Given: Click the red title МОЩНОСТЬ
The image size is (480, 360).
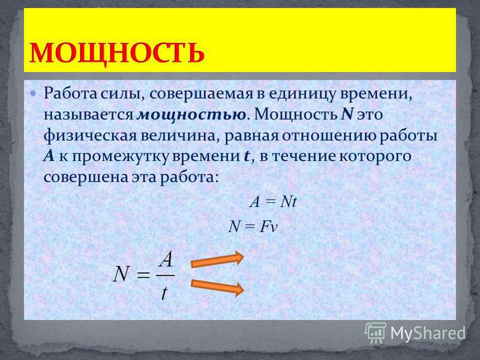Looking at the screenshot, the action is (116, 53).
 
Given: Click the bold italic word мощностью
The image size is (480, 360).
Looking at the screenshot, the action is (191, 115).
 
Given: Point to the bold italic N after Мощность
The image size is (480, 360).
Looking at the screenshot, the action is (347, 114).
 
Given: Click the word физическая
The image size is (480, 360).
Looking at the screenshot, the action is (89, 136).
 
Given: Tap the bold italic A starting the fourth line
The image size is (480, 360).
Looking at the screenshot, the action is (49, 156).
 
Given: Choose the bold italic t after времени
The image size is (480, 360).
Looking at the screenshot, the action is (247, 157).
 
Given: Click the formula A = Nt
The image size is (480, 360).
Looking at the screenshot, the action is (274, 202).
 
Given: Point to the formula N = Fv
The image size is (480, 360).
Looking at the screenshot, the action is (253, 227).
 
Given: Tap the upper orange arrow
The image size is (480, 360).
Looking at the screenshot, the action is (217, 260).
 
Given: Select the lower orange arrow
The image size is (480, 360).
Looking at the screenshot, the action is (217, 287).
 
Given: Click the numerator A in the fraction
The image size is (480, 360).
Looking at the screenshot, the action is (166, 260).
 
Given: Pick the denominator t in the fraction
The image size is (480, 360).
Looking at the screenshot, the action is (164, 292).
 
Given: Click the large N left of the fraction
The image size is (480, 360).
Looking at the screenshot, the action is (122, 274).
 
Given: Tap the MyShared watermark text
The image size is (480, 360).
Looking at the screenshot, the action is (428, 333).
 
